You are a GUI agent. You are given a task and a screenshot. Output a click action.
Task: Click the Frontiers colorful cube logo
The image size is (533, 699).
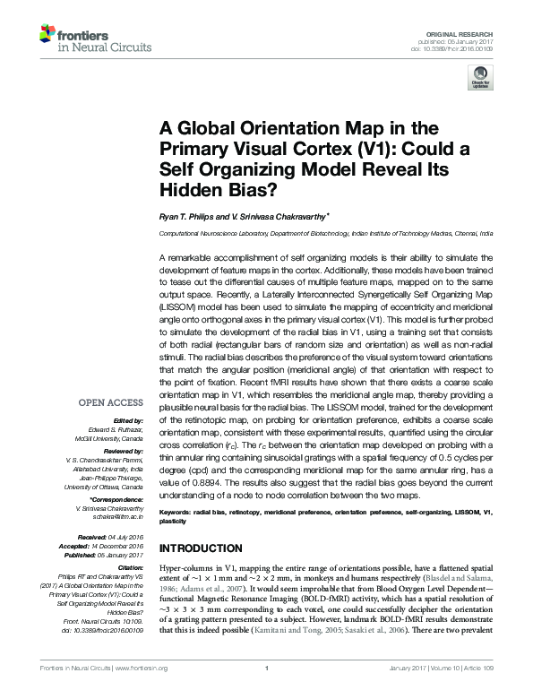(x=47, y=35)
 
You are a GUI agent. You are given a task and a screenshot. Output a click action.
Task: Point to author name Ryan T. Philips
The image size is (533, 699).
(x=191, y=216)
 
